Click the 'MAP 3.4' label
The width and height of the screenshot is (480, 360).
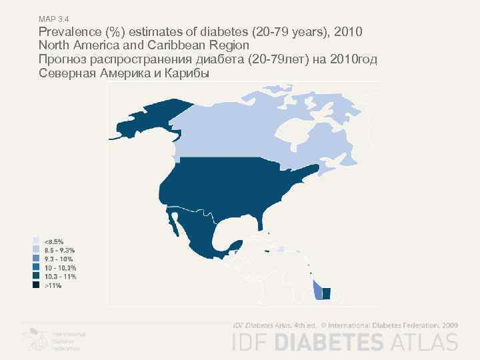[51, 20]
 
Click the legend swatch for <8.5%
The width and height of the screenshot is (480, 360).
[36, 240]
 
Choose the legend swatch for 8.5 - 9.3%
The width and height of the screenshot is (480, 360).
[36, 249]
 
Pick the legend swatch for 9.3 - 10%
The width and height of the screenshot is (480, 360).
[36, 258]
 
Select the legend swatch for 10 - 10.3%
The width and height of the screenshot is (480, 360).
[36, 267]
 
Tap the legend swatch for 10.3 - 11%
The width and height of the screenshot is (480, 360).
[36, 276]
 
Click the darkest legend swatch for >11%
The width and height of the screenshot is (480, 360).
[36, 285]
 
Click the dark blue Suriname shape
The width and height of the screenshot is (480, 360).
[326, 293]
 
